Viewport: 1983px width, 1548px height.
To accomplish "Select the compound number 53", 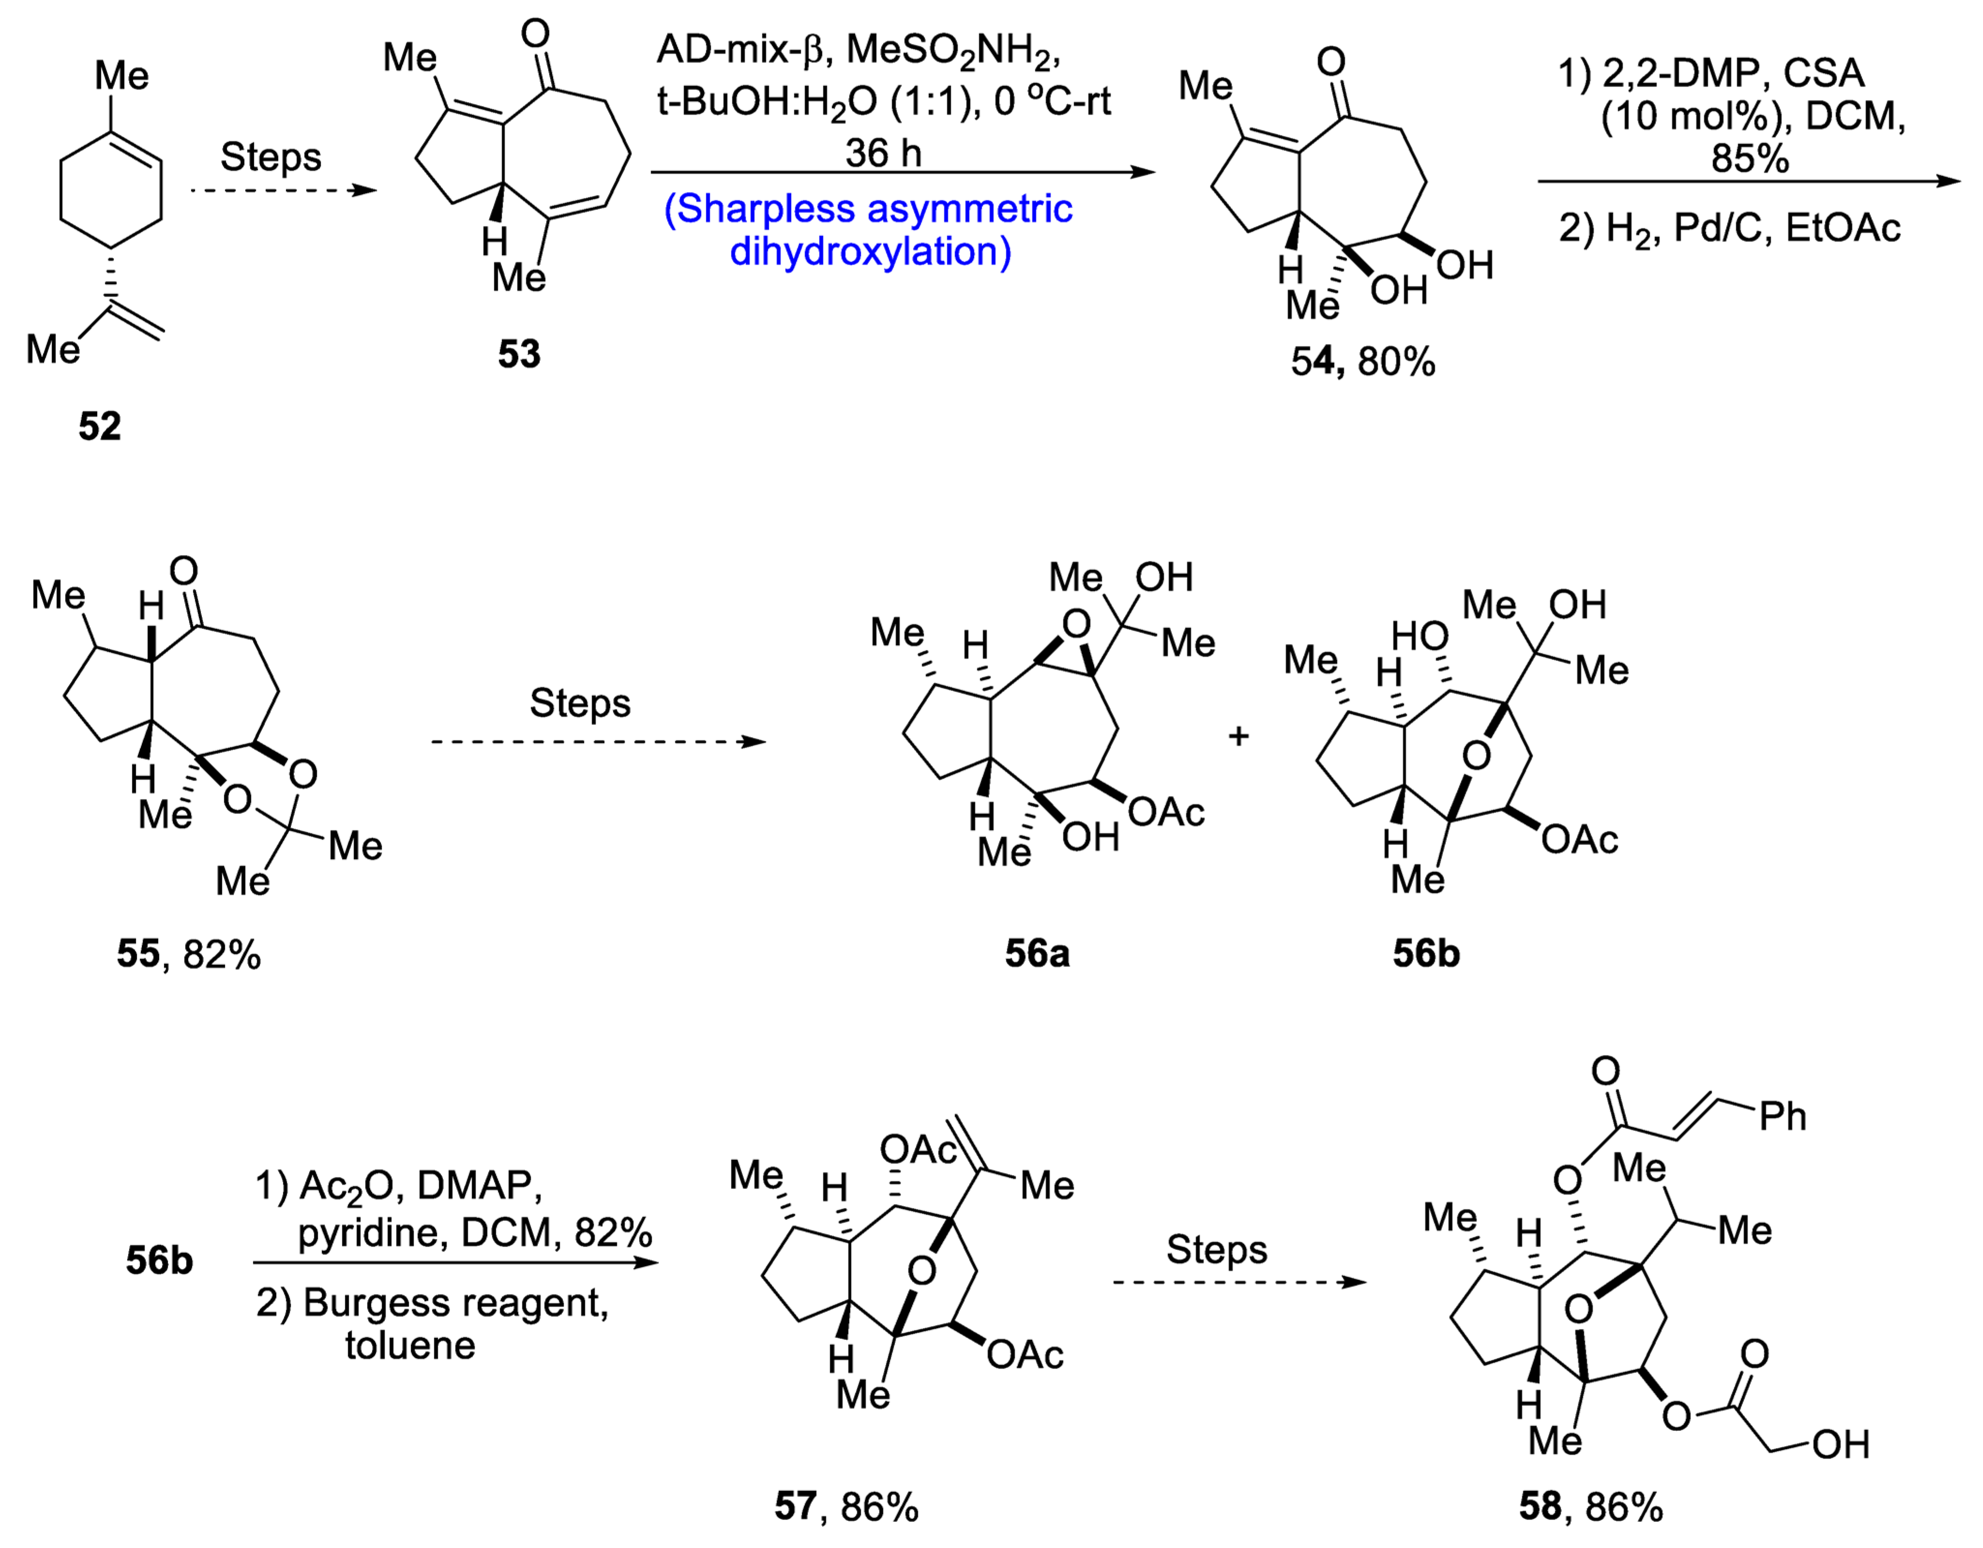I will (518, 353).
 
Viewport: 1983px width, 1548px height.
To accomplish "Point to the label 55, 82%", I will (188, 954).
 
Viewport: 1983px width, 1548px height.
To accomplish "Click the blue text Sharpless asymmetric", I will (868, 209).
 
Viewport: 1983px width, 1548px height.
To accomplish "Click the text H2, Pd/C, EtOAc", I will (1752, 228).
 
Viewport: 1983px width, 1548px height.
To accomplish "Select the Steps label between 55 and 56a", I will (579, 703).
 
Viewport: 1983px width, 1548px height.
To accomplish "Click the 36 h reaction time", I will (883, 152).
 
